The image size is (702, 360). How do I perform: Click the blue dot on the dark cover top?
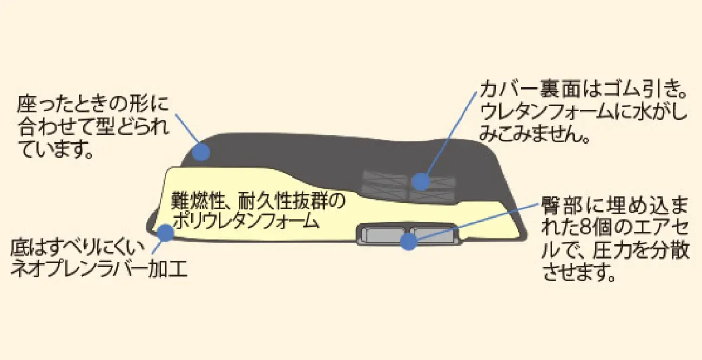point(201,152)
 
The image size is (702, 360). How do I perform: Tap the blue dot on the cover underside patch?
point(420,181)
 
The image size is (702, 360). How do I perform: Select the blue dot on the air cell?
point(409,241)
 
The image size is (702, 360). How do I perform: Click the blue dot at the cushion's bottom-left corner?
point(165,233)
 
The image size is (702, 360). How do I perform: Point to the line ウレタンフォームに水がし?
point(583,112)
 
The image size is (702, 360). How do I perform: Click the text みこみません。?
point(533,135)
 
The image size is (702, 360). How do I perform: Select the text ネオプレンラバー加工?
point(99,269)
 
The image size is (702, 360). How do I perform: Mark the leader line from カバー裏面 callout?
point(448,135)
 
